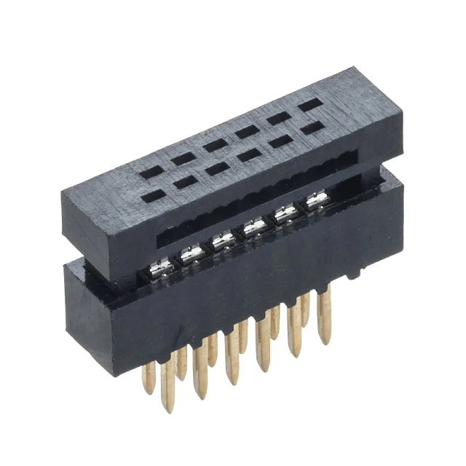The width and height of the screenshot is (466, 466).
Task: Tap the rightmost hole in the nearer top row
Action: (x=312, y=129)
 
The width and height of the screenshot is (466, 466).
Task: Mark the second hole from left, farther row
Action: (x=214, y=143)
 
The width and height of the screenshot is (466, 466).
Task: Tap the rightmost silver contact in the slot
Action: (x=316, y=202)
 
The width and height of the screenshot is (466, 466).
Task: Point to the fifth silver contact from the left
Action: (x=285, y=215)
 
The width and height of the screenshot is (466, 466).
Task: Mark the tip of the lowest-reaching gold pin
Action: (x=170, y=409)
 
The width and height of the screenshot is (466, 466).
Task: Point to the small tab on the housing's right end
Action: (x=355, y=274)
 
